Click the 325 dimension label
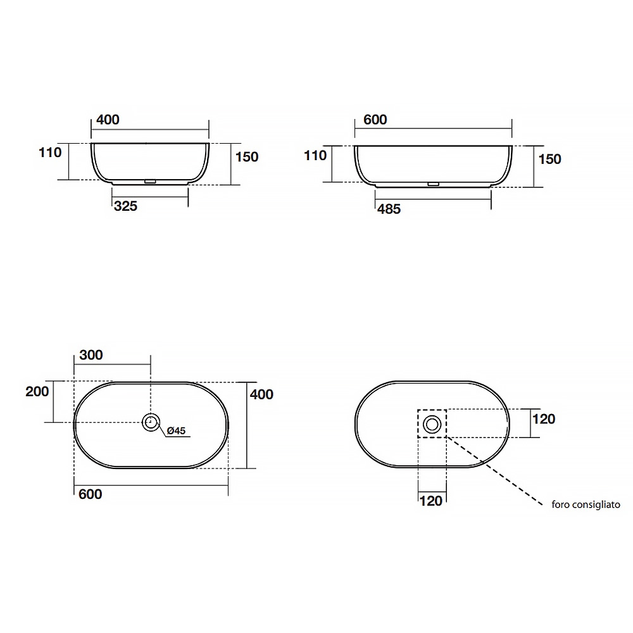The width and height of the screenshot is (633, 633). (125, 206)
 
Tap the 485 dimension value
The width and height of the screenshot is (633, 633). (389, 209)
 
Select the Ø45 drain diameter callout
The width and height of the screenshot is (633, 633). (176, 430)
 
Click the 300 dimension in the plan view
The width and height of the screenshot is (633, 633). (91, 355)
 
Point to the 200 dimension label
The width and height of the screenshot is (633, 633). (37, 391)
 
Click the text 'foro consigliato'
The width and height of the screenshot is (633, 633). (586, 505)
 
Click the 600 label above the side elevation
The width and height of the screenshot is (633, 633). (375, 120)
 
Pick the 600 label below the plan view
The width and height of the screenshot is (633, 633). (91, 494)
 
